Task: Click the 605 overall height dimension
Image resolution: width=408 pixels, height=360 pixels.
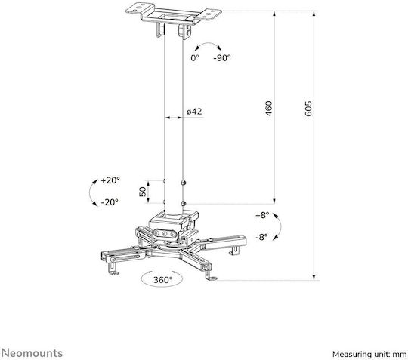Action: click(x=308, y=109)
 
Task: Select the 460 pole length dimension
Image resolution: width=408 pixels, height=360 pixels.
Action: click(x=268, y=109)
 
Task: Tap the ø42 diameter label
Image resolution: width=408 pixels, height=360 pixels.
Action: click(x=194, y=112)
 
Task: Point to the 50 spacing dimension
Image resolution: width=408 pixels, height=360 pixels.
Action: click(x=143, y=192)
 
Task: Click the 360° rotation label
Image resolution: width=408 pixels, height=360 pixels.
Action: click(x=162, y=280)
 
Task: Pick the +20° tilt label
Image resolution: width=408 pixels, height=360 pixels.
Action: click(x=110, y=180)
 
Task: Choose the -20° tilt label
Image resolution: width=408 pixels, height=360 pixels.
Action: click(x=110, y=202)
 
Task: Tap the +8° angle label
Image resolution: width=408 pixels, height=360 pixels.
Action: click(x=262, y=215)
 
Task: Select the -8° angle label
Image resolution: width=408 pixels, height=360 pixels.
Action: click(x=261, y=237)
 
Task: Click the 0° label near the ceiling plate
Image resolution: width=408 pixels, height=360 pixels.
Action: click(x=195, y=57)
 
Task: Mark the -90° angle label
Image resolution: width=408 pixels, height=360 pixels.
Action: click(x=222, y=57)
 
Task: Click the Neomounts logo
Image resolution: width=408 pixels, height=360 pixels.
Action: click(x=32, y=353)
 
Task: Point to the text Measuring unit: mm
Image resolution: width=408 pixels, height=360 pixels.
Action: click(x=369, y=354)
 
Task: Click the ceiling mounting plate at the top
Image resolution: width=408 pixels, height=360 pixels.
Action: click(x=174, y=14)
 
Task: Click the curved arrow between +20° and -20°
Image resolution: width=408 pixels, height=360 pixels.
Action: click(x=90, y=192)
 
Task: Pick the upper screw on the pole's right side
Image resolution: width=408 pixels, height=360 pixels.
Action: click(x=184, y=183)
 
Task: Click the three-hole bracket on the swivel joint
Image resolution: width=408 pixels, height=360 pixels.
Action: click(x=165, y=233)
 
